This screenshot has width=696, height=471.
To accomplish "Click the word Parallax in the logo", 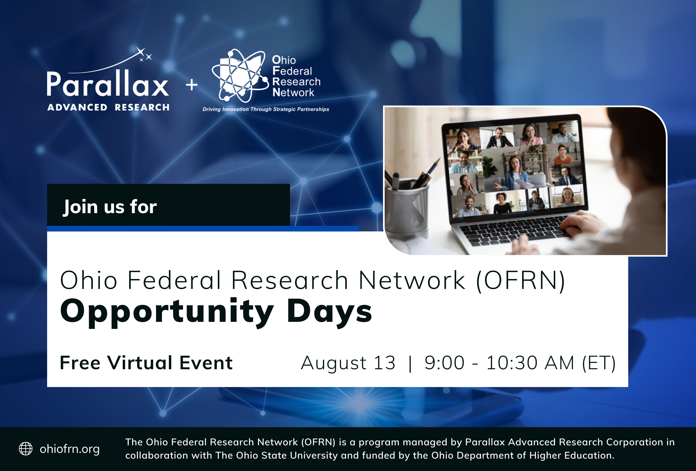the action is point(108,84).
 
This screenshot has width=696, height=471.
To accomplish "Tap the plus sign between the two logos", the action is point(192,85).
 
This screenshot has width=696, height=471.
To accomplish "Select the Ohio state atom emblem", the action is point(240,76).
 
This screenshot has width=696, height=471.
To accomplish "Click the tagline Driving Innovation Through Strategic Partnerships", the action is point(266,109).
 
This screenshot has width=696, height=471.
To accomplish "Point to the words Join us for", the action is point(110,207).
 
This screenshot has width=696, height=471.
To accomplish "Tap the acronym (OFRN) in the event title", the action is point(520,280).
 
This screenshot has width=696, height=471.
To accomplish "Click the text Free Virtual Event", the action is point(146,363).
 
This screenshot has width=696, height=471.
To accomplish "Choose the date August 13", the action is point(348,363).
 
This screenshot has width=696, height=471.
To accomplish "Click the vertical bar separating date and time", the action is point(410,364).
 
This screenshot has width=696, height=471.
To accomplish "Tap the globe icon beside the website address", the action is point(26,449).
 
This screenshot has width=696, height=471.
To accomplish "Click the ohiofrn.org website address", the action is point(70,449).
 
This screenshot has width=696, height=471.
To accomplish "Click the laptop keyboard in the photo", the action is point(514,230).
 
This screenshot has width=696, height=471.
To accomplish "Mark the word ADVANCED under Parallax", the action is point(77,107).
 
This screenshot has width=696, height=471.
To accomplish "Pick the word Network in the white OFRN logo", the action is point(293,93).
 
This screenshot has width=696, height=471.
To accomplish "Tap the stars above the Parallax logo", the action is point(144,54).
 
